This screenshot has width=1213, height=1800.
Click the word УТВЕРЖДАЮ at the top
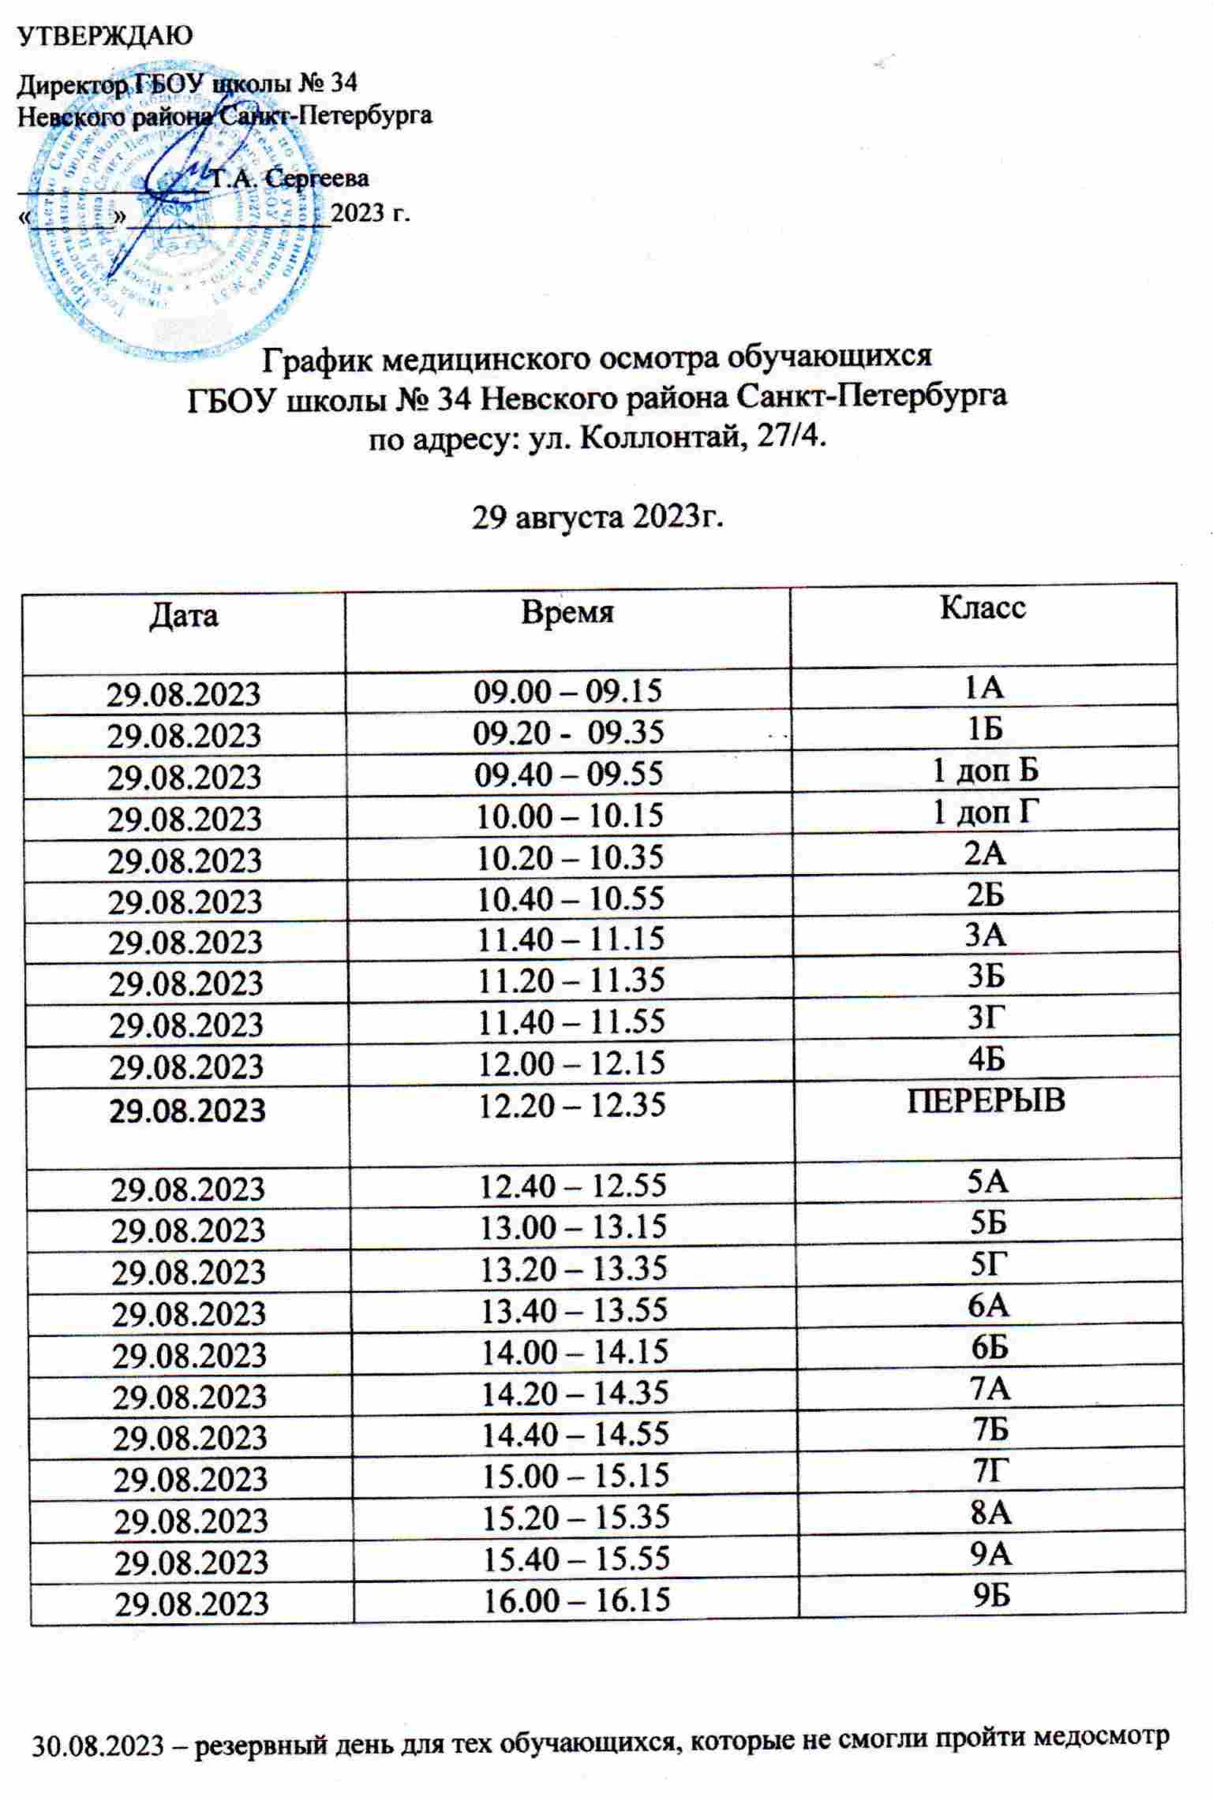pos(105,35)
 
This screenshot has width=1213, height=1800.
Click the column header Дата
pos(183,615)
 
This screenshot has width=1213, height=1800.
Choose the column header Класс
pos(983,607)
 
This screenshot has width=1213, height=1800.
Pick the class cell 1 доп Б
pos(985,771)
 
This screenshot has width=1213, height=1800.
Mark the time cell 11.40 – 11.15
pos(567,939)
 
